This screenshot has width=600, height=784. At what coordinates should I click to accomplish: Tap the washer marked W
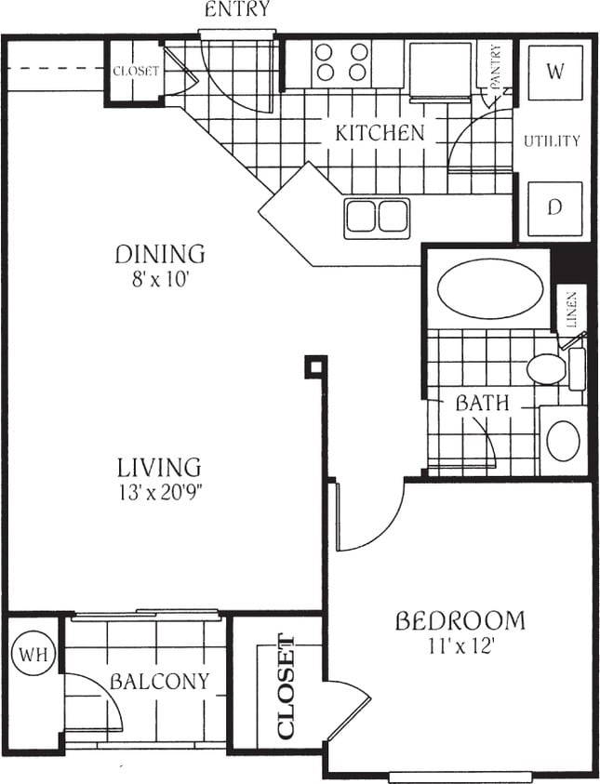(x=554, y=73)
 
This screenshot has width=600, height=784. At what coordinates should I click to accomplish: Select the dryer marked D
(x=554, y=207)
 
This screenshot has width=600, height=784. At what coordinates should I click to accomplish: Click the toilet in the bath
(x=548, y=368)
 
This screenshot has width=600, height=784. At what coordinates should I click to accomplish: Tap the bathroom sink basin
(x=563, y=441)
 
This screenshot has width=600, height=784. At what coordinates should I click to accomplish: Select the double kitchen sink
(x=377, y=216)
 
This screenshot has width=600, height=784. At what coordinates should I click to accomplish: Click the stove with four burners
(x=341, y=62)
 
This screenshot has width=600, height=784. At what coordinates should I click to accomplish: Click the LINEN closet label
(x=571, y=311)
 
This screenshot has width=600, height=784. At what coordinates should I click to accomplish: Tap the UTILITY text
(x=552, y=141)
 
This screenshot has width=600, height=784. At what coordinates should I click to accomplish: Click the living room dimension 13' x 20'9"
(x=159, y=491)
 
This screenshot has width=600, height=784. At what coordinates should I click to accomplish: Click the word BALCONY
(x=159, y=681)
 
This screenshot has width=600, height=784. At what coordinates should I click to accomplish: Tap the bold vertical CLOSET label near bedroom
(x=286, y=686)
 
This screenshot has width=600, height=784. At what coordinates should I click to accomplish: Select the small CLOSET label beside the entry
(x=136, y=71)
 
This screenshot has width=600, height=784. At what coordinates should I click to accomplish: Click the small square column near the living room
(x=315, y=366)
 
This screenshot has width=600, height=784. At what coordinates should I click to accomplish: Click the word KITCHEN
(x=379, y=133)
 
